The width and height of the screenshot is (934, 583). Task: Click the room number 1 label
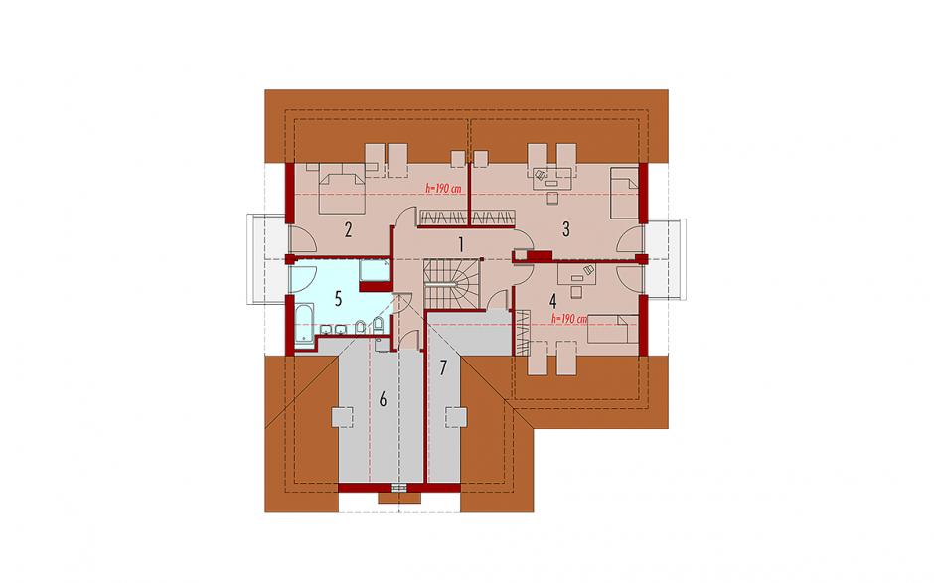[x=460, y=243]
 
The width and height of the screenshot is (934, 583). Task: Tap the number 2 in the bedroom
[x=348, y=229]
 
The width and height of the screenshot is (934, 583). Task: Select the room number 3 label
[x=566, y=228]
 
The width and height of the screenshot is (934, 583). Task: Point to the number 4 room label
[x=553, y=301]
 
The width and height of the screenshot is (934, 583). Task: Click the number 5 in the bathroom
[x=339, y=299]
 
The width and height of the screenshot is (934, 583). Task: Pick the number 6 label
[x=383, y=399]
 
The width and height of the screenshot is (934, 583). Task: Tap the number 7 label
[x=442, y=368]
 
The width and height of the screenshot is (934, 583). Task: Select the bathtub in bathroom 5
[x=304, y=324]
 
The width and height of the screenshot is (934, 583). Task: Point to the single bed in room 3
[x=624, y=193]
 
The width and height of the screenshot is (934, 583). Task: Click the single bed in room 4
[x=613, y=329]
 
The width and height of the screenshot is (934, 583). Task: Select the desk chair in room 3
[x=552, y=198]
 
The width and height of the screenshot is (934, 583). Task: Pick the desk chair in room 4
[x=576, y=291]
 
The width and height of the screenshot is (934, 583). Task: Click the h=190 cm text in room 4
[x=569, y=319]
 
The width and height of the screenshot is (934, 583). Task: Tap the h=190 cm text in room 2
[x=444, y=188]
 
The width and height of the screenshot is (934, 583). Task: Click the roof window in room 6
[x=343, y=417]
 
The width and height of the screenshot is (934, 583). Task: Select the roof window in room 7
[x=456, y=416]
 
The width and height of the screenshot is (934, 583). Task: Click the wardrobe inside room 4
[x=522, y=333]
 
